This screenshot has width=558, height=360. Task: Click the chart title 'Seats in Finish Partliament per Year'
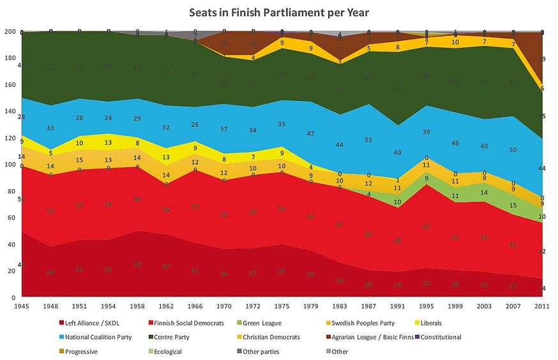pos(279,12)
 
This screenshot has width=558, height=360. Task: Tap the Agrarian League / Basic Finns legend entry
pos(370,337)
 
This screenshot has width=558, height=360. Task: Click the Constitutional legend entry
pos(440,337)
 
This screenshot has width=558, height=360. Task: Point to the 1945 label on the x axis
pos(22,306)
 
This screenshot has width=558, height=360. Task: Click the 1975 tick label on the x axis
pos(282,306)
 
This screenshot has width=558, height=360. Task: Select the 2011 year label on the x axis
pos(541,306)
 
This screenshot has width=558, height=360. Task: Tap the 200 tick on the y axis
pos(10,31)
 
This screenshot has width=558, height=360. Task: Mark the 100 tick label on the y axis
pos(10,165)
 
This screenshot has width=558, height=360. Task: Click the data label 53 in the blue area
pos(369,140)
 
